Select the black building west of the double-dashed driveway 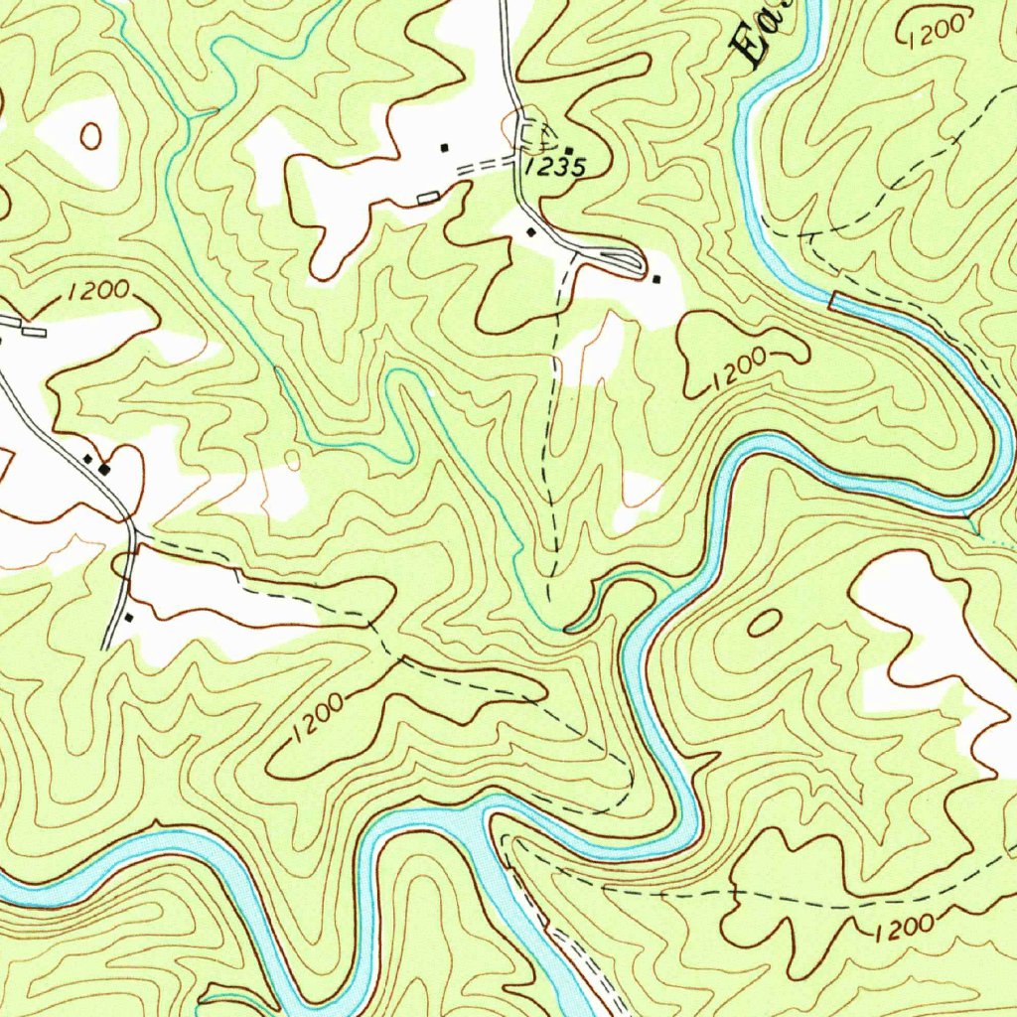(x=445, y=148)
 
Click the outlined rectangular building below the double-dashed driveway (x=428, y=199)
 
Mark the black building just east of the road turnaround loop (x=655, y=279)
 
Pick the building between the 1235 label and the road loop (x=530, y=232)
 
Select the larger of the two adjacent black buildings (x=104, y=468)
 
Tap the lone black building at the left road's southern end (x=128, y=618)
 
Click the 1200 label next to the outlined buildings (x=99, y=291)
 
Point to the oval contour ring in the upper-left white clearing (x=90, y=136)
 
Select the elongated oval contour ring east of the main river (x=764, y=623)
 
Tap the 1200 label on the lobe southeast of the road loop (x=740, y=369)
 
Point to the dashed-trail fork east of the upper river (x=806, y=236)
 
